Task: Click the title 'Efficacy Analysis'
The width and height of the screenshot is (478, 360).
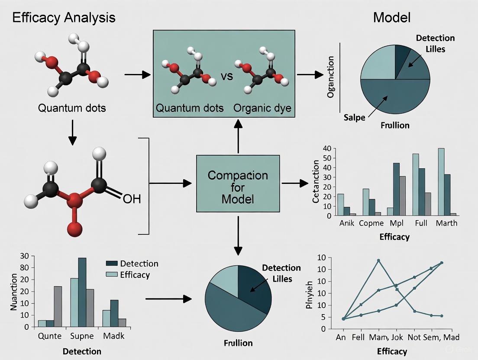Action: click(x=63, y=18)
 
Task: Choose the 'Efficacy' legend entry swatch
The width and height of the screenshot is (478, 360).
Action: click(x=112, y=274)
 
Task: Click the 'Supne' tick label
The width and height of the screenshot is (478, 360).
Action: click(x=82, y=336)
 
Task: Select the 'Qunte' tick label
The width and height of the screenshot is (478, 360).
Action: click(x=50, y=336)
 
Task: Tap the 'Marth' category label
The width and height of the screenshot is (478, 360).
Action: click(x=446, y=223)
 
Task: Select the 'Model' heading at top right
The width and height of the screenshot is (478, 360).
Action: click(x=391, y=18)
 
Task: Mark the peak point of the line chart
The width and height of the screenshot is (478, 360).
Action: click(x=378, y=260)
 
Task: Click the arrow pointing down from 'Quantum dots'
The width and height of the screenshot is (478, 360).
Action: click(x=72, y=133)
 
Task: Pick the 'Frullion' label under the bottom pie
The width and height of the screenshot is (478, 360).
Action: click(x=238, y=343)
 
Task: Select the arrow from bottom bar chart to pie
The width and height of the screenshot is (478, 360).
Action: click(x=169, y=299)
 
